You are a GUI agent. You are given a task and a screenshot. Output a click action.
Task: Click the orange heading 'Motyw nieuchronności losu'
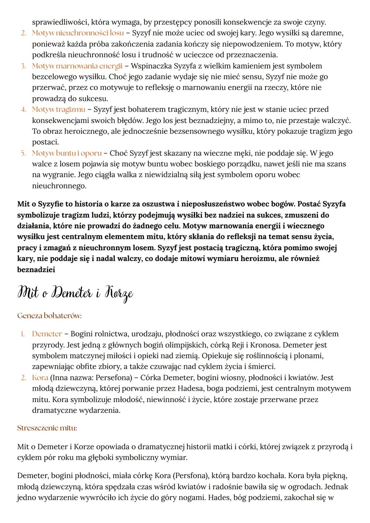[x=78, y=33]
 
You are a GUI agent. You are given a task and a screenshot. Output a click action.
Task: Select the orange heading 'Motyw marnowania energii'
[x=77, y=66]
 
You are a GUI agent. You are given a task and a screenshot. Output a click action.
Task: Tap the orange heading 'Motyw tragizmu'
[x=59, y=109]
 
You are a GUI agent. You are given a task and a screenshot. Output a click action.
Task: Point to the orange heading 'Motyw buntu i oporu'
[x=67, y=153]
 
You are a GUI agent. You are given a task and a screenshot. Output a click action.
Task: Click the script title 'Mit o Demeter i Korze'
[x=75, y=293]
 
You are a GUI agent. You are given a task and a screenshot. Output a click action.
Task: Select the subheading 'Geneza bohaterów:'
[x=49, y=316]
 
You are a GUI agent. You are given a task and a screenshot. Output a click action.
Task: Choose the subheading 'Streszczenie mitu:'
[x=47, y=428]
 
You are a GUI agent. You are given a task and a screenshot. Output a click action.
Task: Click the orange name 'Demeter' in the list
[x=47, y=334]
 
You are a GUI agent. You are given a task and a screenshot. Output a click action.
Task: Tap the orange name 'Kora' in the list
[x=40, y=378]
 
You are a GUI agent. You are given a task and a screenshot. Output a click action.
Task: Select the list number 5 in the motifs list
[x=23, y=153]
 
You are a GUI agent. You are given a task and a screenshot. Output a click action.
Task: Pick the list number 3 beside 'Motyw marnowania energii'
[x=23, y=66]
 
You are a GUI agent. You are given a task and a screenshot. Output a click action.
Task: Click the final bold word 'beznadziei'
[x=36, y=269]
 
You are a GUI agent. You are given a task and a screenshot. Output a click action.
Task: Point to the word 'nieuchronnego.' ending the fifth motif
[x=59, y=186]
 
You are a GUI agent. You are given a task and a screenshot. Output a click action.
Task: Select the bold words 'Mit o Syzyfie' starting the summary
[x=40, y=204]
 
